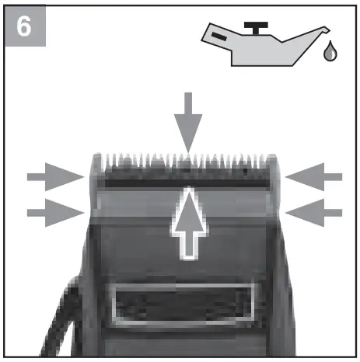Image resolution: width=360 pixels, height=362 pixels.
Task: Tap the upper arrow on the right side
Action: (x=313, y=177)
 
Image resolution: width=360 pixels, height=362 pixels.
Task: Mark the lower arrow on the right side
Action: (x=313, y=210)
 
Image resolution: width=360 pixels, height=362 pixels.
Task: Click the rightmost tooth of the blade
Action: (x=273, y=160)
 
